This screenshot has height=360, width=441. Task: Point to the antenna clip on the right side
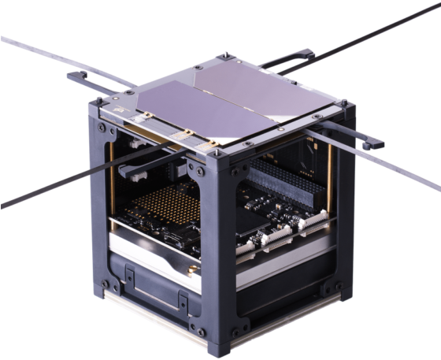click(x=370, y=144)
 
